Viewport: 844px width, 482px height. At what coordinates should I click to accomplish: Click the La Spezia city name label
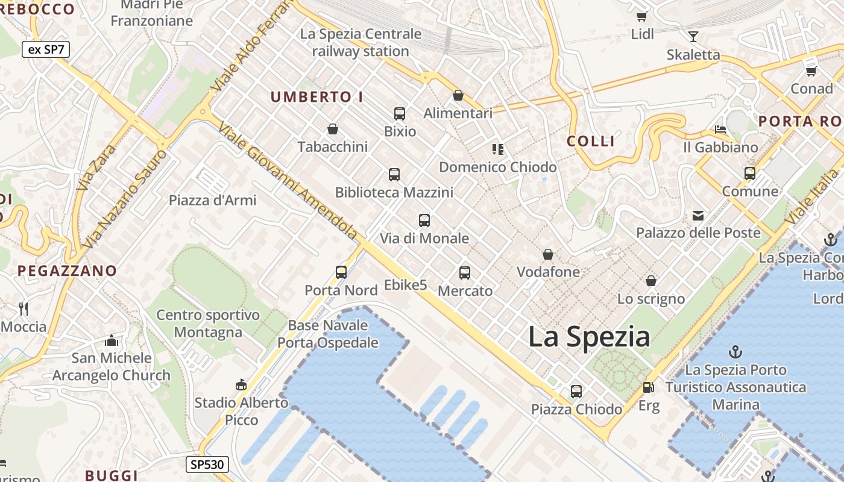tap(589, 337)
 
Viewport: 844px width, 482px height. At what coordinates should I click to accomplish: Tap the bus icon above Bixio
tap(399, 113)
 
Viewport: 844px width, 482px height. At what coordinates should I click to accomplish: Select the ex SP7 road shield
tap(46, 49)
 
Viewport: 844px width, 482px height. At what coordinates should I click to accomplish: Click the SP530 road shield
tap(207, 464)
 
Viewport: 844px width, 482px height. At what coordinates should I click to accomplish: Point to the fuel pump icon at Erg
tap(648, 387)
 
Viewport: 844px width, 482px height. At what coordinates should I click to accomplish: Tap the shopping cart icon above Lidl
tap(642, 16)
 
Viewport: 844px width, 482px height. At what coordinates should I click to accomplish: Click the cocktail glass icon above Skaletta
tap(693, 37)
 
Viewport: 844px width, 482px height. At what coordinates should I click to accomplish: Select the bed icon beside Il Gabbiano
tap(720, 129)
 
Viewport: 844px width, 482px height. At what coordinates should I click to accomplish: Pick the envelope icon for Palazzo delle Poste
tap(698, 215)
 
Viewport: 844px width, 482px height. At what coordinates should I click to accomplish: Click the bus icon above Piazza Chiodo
tap(576, 391)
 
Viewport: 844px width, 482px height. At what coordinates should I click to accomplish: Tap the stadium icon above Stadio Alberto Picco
tap(241, 384)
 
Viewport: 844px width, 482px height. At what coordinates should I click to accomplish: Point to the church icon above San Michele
tap(111, 340)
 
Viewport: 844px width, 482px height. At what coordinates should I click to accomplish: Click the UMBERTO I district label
tap(316, 96)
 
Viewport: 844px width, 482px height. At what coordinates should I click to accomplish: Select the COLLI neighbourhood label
tap(591, 141)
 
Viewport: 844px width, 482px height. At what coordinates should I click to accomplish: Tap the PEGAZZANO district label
tap(67, 271)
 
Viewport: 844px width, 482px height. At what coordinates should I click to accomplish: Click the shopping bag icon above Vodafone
tap(548, 254)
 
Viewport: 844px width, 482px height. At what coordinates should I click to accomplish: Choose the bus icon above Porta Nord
tap(341, 272)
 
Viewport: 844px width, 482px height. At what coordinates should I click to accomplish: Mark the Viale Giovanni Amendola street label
tap(288, 179)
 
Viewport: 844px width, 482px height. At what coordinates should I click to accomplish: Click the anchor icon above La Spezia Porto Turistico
tap(735, 352)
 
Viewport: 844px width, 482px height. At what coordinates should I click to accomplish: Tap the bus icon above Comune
tap(750, 174)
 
